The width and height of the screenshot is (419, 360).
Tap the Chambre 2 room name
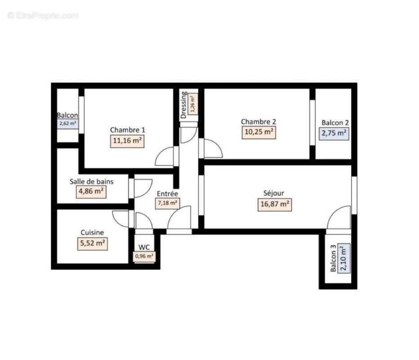coord(258,121)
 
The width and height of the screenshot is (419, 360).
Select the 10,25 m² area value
coord(259,132)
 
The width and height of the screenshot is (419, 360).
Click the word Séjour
coord(273,193)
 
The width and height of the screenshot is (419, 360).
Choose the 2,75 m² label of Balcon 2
coord(334,133)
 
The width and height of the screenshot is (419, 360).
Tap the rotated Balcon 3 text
coord(333,259)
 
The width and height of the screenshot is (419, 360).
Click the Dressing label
coord(184,105)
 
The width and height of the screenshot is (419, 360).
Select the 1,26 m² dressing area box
coord(193,104)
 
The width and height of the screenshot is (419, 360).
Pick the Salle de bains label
coord(91,182)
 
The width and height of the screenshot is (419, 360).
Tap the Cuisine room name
coord(92,233)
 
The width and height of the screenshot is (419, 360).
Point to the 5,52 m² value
coord(92,244)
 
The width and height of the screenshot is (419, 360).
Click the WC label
coord(144,247)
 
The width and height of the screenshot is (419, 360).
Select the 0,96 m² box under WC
coord(144,256)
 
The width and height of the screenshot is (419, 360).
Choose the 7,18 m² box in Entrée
coord(167,203)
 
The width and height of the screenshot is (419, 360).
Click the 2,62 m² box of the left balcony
coord(67,124)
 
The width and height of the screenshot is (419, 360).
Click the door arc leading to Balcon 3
coord(338,218)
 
